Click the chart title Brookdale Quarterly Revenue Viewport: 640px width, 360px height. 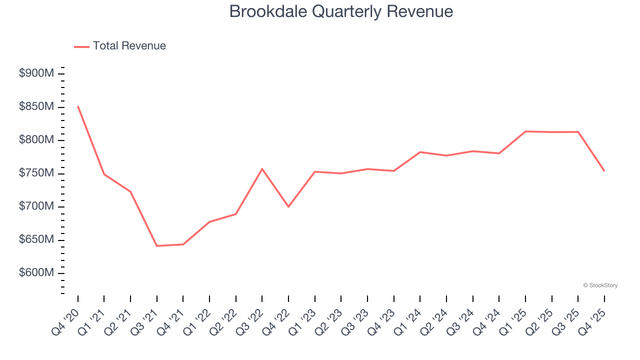[x=341, y=11]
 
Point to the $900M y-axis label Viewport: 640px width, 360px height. [x=36, y=73]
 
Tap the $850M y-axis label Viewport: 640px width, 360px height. [x=36, y=107]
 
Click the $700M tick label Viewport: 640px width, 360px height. [x=36, y=206]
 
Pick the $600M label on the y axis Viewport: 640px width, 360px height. [x=36, y=273]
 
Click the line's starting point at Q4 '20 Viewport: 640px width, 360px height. [x=78, y=106]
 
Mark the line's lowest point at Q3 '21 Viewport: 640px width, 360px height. [x=157, y=246]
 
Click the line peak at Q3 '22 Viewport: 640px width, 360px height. [x=262, y=168]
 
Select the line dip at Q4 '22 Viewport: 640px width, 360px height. [x=288, y=206]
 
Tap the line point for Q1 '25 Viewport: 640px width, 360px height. [x=525, y=131]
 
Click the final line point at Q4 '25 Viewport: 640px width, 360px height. [x=604, y=171]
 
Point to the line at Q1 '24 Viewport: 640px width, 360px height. [x=420, y=152]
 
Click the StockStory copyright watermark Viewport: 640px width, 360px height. [x=600, y=285]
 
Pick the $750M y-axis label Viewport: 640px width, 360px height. [x=36, y=173]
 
